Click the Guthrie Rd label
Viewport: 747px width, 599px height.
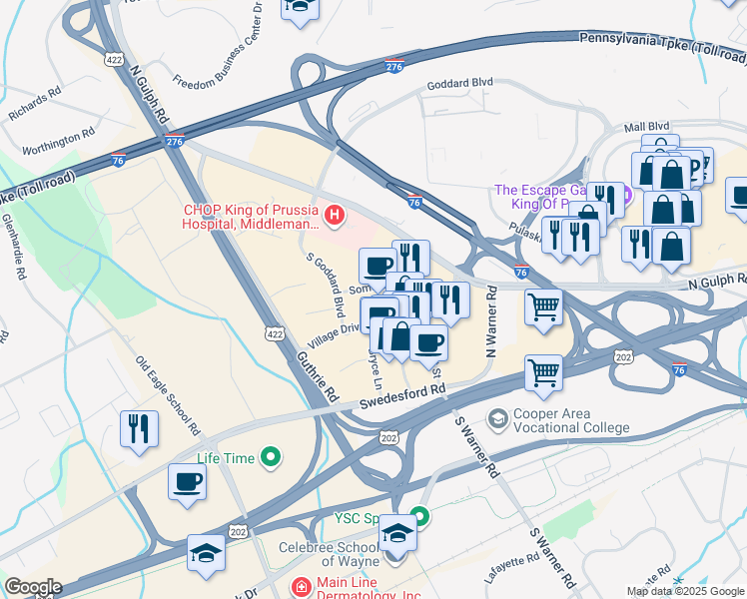point(317,369)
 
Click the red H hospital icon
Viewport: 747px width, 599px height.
point(336,214)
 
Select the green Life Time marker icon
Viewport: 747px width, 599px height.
point(270,458)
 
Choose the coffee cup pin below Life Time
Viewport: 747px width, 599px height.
point(187,482)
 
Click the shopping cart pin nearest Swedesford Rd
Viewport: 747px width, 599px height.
point(543,373)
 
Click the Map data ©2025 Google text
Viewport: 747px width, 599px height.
point(685,591)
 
